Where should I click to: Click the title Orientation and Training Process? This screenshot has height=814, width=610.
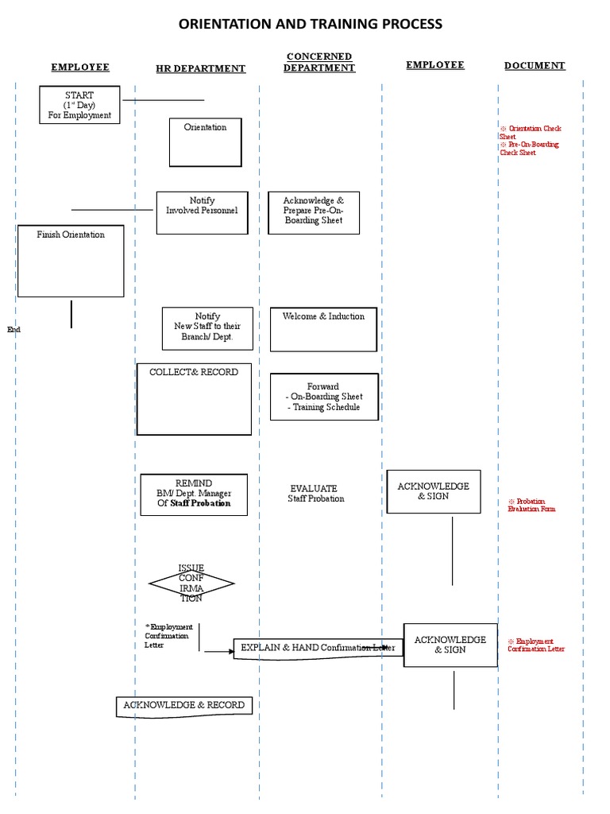(x=311, y=24)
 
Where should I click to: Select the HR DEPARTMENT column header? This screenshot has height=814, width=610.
(x=200, y=69)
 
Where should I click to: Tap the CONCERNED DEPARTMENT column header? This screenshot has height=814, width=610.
(x=319, y=63)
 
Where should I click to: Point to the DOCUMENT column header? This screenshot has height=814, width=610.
(x=535, y=66)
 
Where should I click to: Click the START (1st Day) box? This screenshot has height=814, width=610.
(x=79, y=106)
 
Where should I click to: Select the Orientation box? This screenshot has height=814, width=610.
(x=205, y=142)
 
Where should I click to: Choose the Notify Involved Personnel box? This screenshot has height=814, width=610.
(x=202, y=212)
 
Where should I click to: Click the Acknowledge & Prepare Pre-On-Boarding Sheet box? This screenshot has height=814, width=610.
(x=313, y=212)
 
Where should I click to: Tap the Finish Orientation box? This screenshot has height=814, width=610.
(x=71, y=261)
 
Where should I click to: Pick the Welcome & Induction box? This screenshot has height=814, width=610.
(x=323, y=329)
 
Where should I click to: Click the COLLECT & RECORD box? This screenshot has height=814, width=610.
(x=194, y=399)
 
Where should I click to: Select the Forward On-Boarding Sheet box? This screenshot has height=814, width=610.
(x=323, y=397)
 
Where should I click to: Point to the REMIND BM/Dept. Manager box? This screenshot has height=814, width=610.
(x=194, y=494)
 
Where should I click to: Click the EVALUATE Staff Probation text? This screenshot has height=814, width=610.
(x=315, y=494)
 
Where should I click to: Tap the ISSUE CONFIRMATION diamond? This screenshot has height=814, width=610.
(x=191, y=583)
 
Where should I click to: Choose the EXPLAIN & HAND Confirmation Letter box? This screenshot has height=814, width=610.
(x=318, y=648)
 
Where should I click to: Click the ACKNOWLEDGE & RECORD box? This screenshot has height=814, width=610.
(x=184, y=706)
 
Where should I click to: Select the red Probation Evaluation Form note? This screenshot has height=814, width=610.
(x=531, y=505)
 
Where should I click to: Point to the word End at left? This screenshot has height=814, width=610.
(x=14, y=329)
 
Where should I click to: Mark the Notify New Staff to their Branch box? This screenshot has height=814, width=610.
(x=207, y=328)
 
